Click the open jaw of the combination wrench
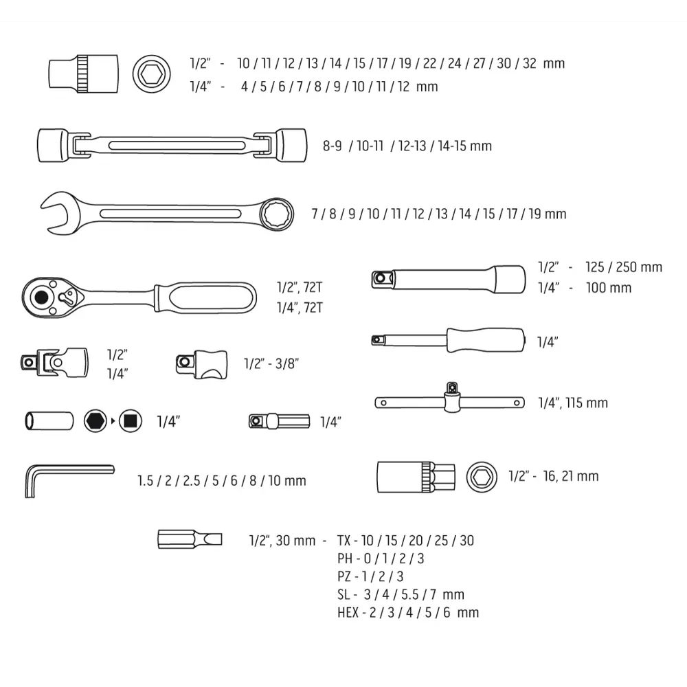click(54, 212)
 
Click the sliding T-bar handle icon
click(450, 400)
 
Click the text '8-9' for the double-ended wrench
click(333, 146)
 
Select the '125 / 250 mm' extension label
click(623, 267)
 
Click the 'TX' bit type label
click(344, 541)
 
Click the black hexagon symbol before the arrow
click(95, 420)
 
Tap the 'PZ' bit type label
click(345, 576)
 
